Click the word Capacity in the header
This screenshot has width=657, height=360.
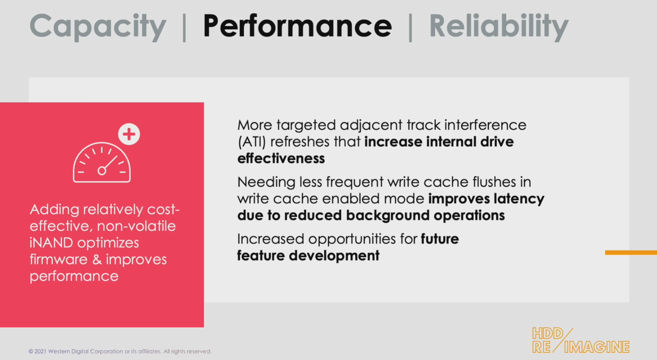(x=98, y=26)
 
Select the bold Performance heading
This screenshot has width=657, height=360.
(x=297, y=26)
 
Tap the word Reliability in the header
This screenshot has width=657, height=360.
(x=499, y=26)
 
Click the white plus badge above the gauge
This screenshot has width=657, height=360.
(x=129, y=134)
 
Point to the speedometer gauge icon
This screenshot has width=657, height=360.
(x=102, y=163)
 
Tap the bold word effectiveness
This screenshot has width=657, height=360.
(x=281, y=159)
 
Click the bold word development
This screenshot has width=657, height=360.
(x=334, y=256)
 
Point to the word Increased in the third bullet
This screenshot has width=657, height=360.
(x=270, y=239)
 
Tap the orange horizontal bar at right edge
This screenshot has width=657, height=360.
(x=631, y=253)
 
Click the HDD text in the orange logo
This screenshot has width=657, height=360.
(x=548, y=334)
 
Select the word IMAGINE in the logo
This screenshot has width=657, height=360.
(x=597, y=347)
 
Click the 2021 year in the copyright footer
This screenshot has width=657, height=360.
(x=40, y=351)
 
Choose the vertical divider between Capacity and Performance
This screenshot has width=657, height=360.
(x=184, y=27)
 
